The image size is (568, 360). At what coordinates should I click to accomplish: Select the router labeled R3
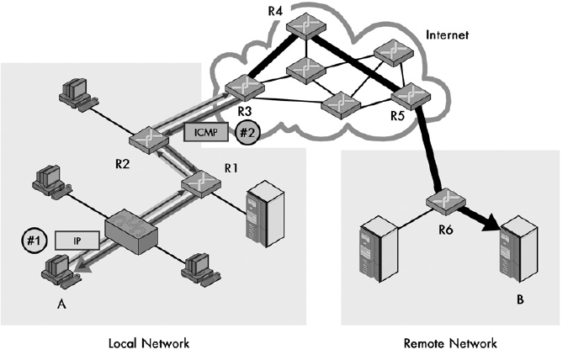[x=242, y=85]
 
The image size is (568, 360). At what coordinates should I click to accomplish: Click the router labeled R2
[x=146, y=140]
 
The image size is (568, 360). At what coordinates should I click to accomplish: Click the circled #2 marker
[x=247, y=131]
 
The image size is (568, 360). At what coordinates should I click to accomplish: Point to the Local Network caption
[x=149, y=343]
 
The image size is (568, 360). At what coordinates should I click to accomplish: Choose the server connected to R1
[x=257, y=215]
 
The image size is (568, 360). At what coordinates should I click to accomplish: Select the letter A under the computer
[x=60, y=304]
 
